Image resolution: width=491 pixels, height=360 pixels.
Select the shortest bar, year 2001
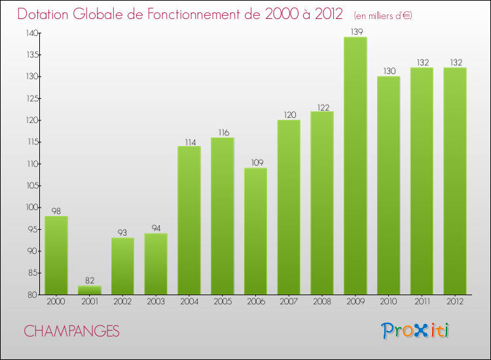tap(90, 290)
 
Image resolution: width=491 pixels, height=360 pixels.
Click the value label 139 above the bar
tap(355, 32)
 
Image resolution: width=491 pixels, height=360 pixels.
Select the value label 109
tap(255, 163)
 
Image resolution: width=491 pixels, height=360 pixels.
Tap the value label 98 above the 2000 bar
tap(56, 211)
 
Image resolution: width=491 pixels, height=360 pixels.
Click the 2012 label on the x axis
tap(454, 301)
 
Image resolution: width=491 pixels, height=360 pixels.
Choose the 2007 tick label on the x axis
tap(289, 301)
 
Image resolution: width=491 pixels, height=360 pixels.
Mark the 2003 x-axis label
tap(156, 301)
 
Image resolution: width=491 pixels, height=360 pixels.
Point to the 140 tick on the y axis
tap(31, 33)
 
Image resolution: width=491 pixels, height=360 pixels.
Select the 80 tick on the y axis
tap(33, 295)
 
